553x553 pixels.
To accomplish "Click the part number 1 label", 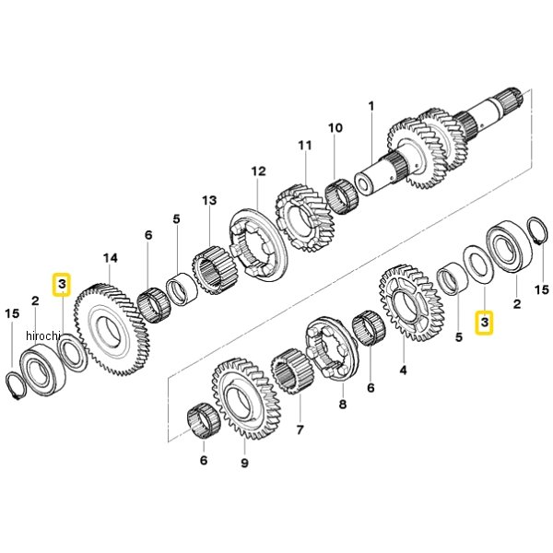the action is (371, 106).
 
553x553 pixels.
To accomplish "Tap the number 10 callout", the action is (335, 128).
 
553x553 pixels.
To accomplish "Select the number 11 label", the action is (305, 146).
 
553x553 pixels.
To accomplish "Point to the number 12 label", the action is (258, 171).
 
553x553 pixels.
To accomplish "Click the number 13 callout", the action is (209, 200).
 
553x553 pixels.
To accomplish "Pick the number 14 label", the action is (111, 258).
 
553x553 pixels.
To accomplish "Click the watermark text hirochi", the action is (43, 336).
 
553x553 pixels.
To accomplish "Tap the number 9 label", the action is (245, 463).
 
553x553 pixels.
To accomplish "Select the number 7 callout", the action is (300, 430).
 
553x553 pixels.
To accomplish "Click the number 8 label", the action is (343, 405).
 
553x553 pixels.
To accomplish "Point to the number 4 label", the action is (403, 371).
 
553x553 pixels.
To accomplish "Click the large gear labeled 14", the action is (112, 329).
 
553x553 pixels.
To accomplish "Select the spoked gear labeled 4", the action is (411, 303).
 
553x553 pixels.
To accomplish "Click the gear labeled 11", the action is (305, 218).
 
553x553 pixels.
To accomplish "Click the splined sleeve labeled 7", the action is (292, 371).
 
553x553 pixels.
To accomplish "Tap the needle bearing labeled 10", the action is (342, 196).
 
